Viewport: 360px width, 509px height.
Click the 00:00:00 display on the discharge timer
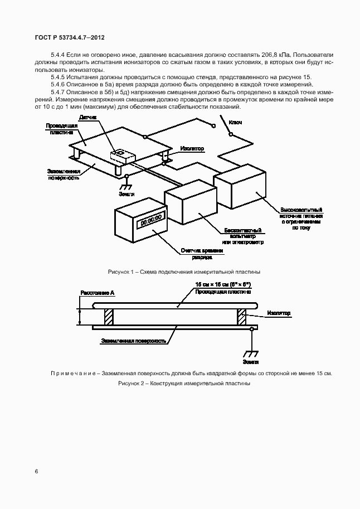(x=150, y=220)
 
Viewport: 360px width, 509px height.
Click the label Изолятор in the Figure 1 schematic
(x=192, y=149)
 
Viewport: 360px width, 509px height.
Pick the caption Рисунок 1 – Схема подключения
(x=184, y=272)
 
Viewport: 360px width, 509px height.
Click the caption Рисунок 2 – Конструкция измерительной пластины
(x=180, y=384)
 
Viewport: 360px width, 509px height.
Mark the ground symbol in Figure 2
(x=252, y=353)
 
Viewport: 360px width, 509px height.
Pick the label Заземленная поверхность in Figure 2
(x=134, y=340)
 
